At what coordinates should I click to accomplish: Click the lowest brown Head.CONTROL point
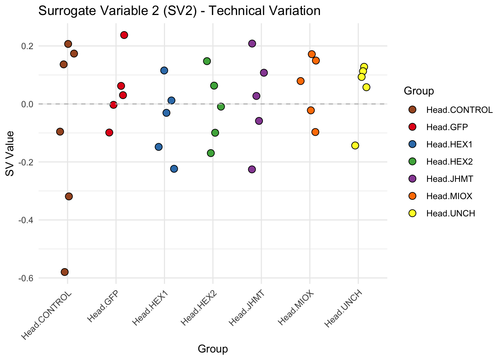coord(64,272)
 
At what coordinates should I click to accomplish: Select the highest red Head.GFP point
coord(124,35)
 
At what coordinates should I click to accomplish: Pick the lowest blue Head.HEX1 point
coord(174,169)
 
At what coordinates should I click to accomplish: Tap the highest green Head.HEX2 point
coord(207,61)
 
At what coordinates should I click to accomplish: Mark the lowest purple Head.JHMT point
coord(252,169)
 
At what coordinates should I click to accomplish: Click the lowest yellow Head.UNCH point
coord(355,145)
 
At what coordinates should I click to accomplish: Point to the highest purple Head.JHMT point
coord(252,43)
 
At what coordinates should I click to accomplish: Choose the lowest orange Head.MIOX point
coord(315,132)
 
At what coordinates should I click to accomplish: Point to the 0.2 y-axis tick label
coord(27,46)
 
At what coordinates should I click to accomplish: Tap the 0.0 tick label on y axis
coord(27,104)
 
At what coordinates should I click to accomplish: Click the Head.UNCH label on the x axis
coord(344,309)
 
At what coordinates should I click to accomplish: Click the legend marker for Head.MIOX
coord(412,196)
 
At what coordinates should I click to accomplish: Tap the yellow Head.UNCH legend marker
coord(412,213)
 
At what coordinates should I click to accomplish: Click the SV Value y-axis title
coord(10,153)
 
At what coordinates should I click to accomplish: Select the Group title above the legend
coord(419,91)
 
